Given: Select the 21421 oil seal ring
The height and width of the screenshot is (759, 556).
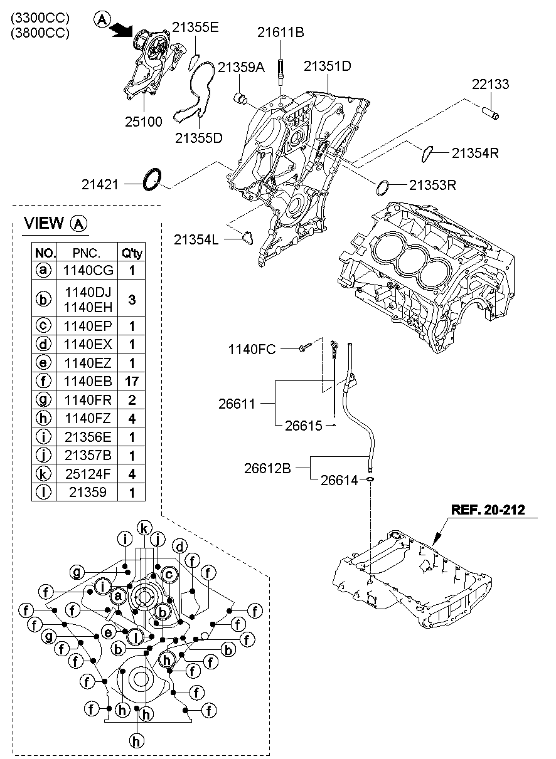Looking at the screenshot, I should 151,179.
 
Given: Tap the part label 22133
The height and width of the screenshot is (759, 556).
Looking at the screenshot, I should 491,85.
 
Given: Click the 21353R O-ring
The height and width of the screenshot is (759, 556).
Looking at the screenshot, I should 384,186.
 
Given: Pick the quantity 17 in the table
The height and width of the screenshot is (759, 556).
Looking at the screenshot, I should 132,380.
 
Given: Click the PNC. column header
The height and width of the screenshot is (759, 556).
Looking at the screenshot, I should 87,253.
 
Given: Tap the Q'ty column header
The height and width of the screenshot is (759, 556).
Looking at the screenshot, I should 132,253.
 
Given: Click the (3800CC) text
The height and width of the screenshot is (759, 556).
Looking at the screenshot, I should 39,33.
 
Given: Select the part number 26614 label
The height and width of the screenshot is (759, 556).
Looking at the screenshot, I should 338,480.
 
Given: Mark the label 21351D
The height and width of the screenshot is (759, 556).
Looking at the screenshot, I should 328,66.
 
